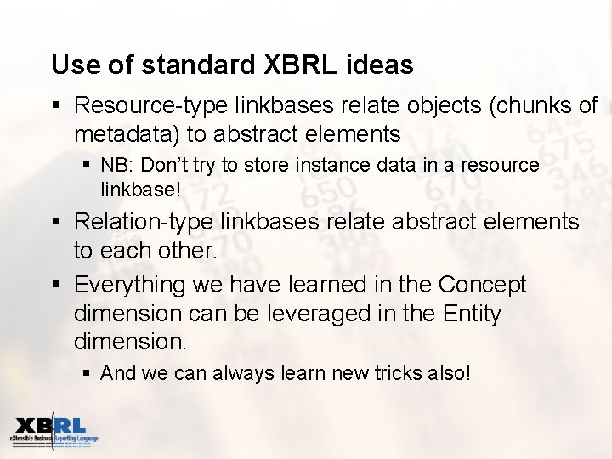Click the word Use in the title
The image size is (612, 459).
pos(71,65)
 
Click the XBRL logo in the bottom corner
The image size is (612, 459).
pos(53,433)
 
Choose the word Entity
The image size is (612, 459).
pos(473,314)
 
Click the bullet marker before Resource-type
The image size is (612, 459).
pos(56,105)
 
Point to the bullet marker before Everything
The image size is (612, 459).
pos(56,285)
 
